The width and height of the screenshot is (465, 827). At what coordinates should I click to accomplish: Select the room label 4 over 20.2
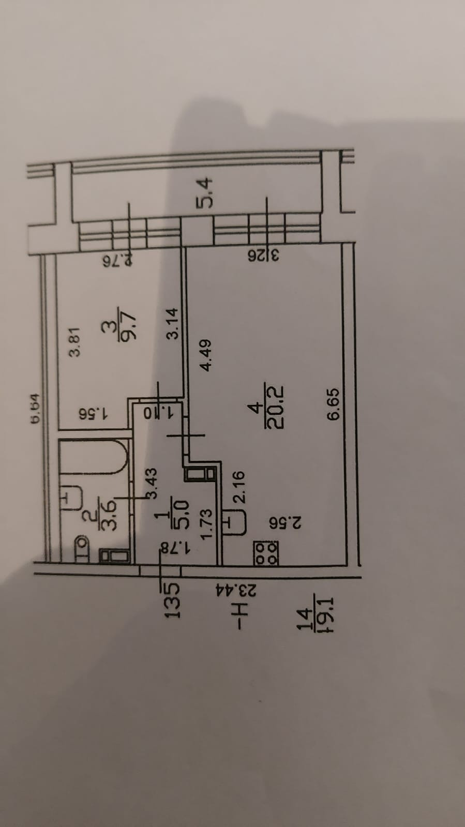265,406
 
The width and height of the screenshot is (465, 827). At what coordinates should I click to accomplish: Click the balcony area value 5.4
205,191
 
